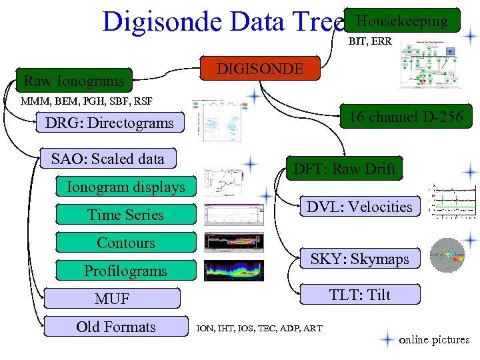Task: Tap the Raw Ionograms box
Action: pos(74,81)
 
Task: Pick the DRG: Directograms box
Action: pos(109,123)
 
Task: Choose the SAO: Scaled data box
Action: pos(108,159)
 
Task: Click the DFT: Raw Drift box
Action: pos(345,169)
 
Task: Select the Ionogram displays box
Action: pos(126,187)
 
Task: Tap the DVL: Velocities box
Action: pos(359,207)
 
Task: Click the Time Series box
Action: pos(126,215)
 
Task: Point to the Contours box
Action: pos(126,243)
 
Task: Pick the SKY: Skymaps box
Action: pos(359,259)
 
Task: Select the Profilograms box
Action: pos(126,271)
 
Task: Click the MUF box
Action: pos(112,299)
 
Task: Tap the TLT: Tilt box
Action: pos(359,295)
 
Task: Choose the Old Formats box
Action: pos(116,327)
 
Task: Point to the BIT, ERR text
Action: pos(370,41)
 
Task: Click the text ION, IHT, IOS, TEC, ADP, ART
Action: pos(259,329)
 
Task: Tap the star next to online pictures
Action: pos(386,339)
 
